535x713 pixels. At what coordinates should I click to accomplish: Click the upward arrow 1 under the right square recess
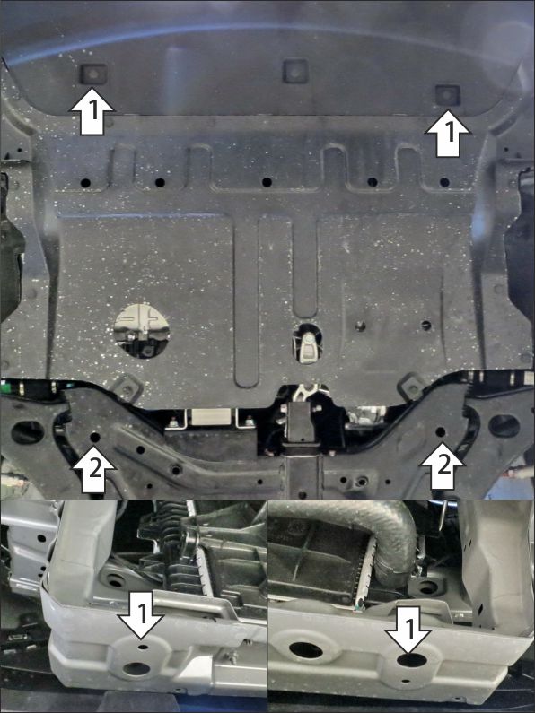(448, 134)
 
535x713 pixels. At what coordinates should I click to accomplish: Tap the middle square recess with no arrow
(295, 71)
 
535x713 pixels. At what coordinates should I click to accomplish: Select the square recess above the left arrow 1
(93, 74)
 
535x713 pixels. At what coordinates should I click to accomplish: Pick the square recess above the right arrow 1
(448, 94)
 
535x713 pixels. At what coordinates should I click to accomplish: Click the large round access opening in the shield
(141, 330)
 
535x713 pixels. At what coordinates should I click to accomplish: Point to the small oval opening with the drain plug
(307, 343)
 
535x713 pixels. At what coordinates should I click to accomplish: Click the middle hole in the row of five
(267, 182)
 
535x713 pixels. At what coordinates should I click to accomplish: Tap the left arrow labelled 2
(94, 471)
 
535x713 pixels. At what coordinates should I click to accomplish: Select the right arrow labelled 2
(443, 466)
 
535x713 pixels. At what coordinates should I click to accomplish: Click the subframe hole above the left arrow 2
(95, 437)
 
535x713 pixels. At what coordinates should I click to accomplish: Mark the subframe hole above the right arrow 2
(440, 431)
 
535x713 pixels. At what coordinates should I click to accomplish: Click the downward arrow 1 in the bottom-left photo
(141, 614)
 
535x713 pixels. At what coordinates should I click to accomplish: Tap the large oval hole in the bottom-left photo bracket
(136, 668)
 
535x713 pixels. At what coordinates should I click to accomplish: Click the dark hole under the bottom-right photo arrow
(411, 660)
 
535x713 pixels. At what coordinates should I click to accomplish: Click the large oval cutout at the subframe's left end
(27, 432)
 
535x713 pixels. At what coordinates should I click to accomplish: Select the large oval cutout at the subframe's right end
(504, 426)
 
